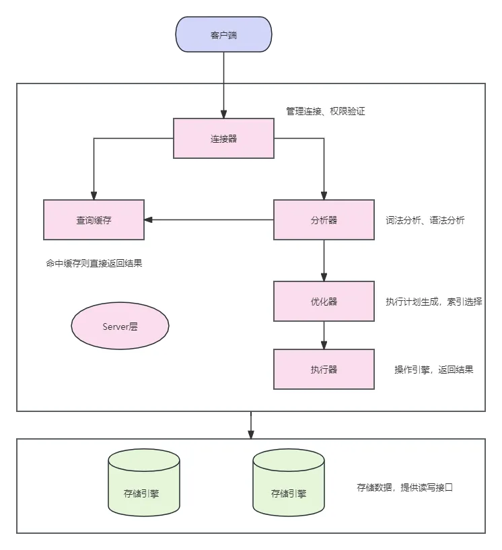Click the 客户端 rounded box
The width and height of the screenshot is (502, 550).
pos(223,35)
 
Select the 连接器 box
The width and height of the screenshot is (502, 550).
pos(223,139)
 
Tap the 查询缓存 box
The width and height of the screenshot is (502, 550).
pos(94,219)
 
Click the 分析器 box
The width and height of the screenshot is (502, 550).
pos(324,219)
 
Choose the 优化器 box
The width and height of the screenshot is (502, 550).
pos(324,302)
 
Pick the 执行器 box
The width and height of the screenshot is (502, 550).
pos(324,369)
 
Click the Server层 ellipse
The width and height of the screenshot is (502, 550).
pos(120,326)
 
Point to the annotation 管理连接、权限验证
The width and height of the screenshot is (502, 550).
pos(325,111)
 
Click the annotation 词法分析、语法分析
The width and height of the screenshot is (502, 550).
pos(425,220)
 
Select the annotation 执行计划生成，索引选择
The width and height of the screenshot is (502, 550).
pos(433,302)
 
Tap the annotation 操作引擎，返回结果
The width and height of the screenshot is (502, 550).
pos(433,370)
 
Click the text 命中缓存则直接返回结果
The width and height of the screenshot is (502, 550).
pos(94,264)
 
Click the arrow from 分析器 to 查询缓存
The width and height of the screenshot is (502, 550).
pos(209,219)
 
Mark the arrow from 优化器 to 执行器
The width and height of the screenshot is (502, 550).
pos(324,335)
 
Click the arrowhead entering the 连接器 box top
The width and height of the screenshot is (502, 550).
pos(223,114)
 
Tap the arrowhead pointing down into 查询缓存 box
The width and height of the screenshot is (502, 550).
pos(94,195)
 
